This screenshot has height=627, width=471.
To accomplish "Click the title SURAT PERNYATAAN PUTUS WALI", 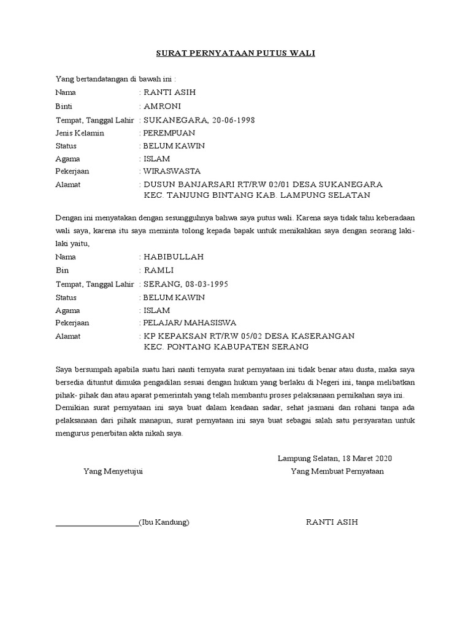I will pos(235,53).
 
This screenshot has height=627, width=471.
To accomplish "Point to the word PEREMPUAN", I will pos(169,132).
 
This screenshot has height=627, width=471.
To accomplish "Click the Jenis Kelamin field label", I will pos(80,132).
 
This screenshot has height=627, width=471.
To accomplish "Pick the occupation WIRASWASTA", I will pos(172,171).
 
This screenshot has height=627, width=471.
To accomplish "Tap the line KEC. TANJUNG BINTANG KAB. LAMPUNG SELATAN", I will pos(257,195).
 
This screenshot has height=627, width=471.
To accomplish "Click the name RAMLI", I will pos(159,270).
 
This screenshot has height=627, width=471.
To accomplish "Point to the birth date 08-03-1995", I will pos(209,284).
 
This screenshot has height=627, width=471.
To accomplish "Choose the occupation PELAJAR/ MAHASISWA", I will pos(190,323).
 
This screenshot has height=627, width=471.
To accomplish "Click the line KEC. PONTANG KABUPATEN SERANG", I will pos(226,347).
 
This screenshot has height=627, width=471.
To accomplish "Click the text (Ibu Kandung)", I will pos(164,522).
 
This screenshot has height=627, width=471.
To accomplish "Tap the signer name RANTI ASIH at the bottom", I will pos(331,522).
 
